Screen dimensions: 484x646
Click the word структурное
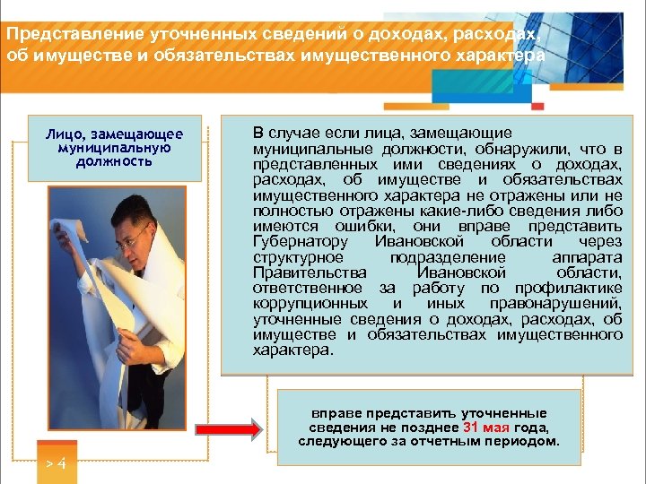coord(295,258)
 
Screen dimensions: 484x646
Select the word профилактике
coord(569,288)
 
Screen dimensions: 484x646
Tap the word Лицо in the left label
coord(64,134)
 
